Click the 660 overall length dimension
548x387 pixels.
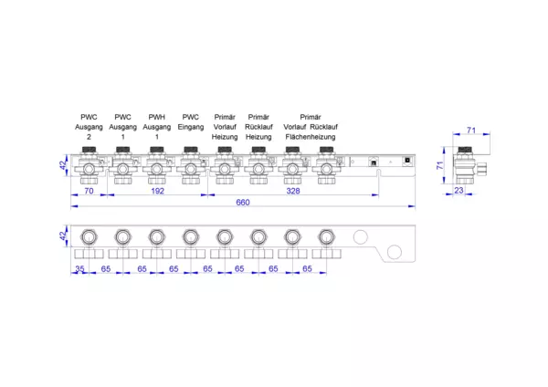(x=243, y=203)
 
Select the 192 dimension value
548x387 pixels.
(x=157, y=191)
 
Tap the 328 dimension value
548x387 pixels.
(x=293, y=191)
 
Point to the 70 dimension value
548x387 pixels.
(x=89, y=191)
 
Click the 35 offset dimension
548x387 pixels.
(x=79, y=269)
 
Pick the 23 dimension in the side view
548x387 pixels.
(x=458, y=191)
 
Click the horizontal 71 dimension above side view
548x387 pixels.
(x=471, y=131)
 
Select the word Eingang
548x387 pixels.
(x=191, y=127)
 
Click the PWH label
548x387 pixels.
(x=156, y=117)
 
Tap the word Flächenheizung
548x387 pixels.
(x=311, y=137)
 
